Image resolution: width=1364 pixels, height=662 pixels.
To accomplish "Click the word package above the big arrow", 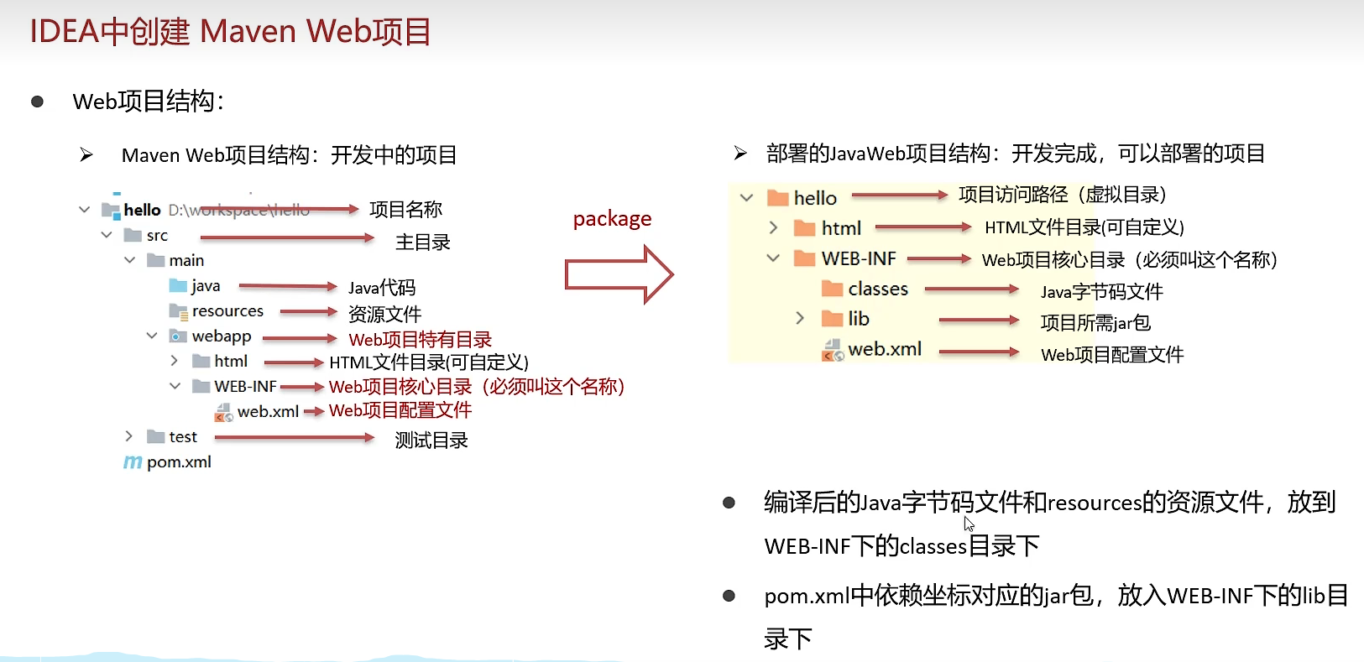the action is [612, 219].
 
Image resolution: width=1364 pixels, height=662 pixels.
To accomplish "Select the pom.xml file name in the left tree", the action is [179, 462].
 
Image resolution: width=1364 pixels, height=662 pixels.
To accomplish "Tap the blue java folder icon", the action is [178, 286].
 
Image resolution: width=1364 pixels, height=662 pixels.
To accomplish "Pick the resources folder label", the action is [227, 311].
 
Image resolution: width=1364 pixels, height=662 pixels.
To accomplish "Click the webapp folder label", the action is [222, 336].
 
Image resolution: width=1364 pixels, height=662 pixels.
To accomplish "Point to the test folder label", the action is [183, 437].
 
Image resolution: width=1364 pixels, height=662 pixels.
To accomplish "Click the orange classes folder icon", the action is [832, 289].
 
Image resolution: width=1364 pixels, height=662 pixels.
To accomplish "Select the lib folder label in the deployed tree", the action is [858, 319].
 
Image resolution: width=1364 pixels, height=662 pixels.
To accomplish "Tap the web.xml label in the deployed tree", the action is [885, 349].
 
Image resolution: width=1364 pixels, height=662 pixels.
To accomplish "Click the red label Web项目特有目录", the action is [420, 340].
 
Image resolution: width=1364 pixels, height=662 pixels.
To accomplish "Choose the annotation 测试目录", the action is [431, 440].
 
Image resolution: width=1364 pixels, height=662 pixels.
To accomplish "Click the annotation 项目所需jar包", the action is [1095, 323].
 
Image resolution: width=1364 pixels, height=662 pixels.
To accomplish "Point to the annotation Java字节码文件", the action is [1101, 292].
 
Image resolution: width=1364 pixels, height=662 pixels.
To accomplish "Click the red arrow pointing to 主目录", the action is [286, 238].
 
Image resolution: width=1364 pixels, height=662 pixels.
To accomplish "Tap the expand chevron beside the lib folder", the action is [800, 318].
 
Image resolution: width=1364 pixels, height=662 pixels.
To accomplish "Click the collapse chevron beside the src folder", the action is [107, 235].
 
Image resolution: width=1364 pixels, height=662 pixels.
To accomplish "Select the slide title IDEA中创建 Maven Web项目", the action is [230, 32].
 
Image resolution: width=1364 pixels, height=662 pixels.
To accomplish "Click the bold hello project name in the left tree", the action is [142, 210].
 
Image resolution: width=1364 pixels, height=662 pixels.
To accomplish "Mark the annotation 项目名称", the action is [405, 210].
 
